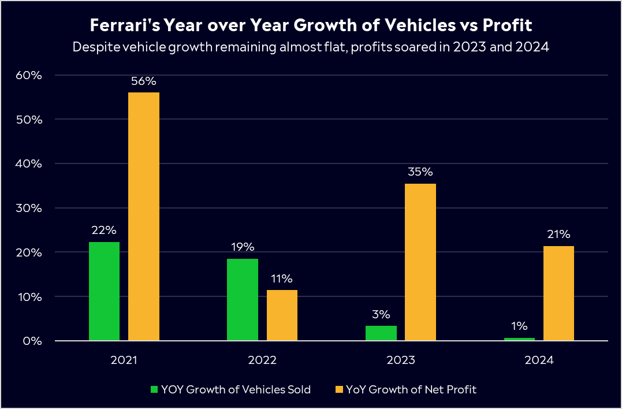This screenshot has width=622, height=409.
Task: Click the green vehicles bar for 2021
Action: click(x=105, y=291)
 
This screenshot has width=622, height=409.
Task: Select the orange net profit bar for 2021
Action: click(x=144, y=217)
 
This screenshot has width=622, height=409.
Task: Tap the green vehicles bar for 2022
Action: click(x=243, y=299)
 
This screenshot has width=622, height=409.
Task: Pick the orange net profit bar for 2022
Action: click(x=282, y=315)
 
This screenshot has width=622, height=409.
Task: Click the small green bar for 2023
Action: click(x=381, y=333)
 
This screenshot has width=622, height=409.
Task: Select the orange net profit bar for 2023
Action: click(x=420, y=262)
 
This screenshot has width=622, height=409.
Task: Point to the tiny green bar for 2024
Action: click(x=519, y=339)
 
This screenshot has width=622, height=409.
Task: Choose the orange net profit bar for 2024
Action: click(x=558, y=293)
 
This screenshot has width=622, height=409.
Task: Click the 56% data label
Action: click(x=144, y=81)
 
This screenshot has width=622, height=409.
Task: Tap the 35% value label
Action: click(x=420, y=172)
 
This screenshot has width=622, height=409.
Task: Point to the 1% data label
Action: click(x=519, y=326)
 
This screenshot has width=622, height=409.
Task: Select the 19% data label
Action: click(x=243, y=247)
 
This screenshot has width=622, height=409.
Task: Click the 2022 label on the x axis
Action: click(x=262, y=360)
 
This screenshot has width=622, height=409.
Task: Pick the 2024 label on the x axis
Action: click(x=539, y=360)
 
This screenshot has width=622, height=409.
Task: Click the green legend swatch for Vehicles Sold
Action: click(x=154, y=390)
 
